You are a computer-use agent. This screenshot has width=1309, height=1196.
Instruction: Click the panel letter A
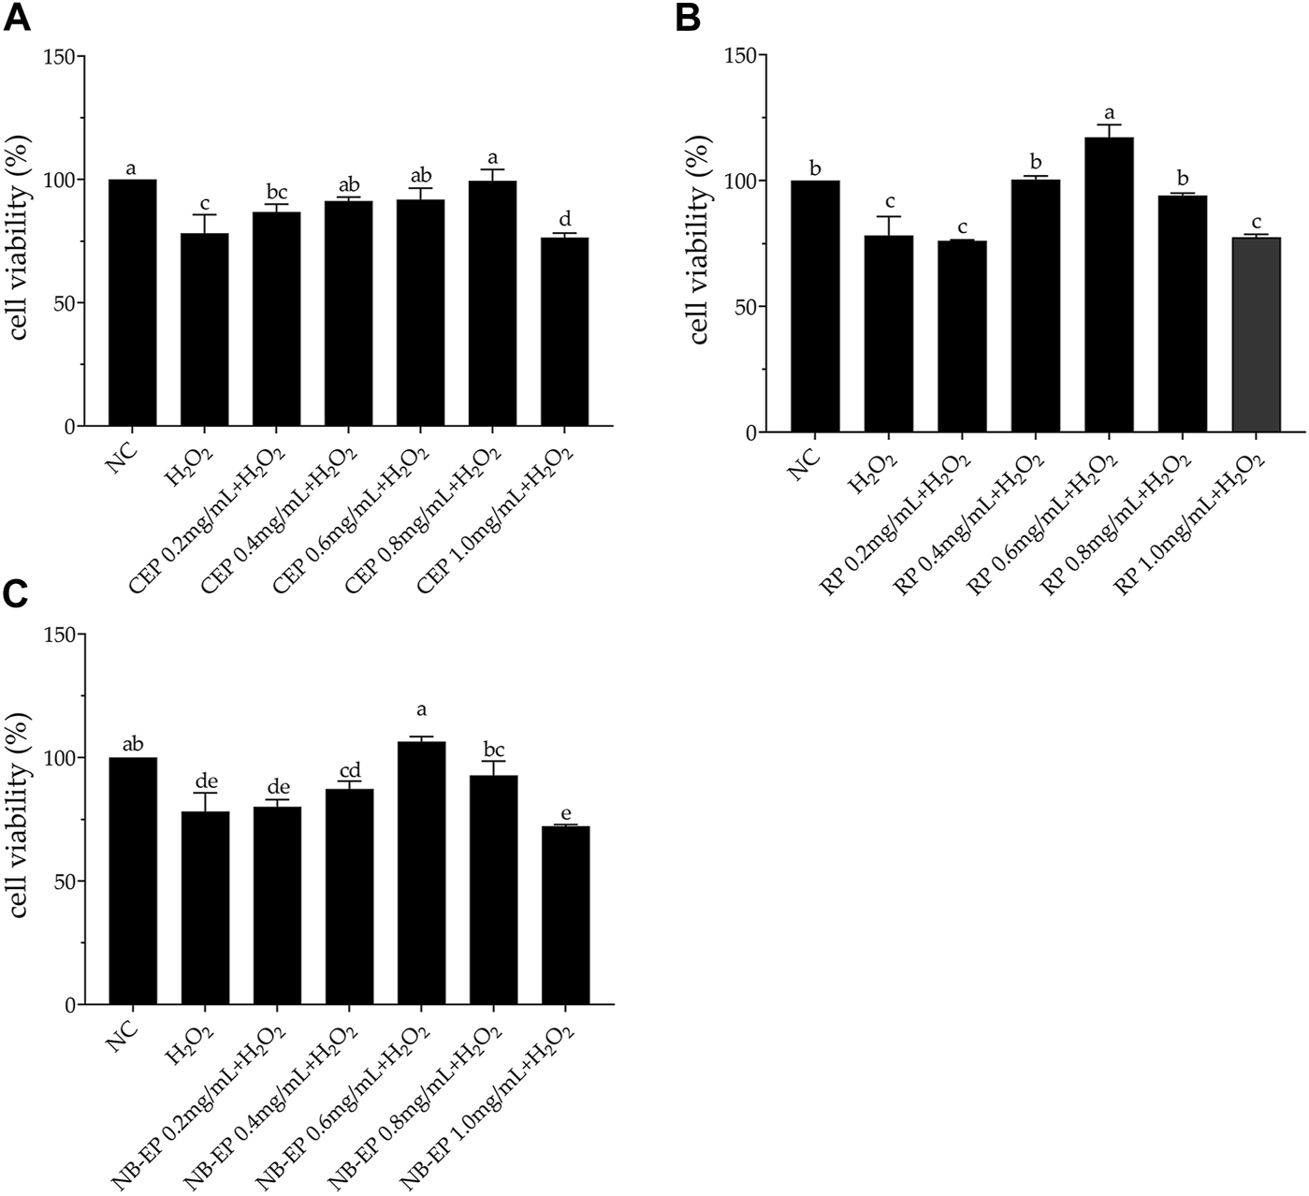(x=18, y=18)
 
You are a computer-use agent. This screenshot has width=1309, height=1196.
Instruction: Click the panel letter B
(x=688, y=18)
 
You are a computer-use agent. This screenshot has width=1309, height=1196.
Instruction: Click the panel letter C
(x=18, y=596)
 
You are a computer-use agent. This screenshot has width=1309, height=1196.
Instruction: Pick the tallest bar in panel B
(x=1109, y=284)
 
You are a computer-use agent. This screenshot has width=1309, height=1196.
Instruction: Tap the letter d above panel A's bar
(x=564, y=219)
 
